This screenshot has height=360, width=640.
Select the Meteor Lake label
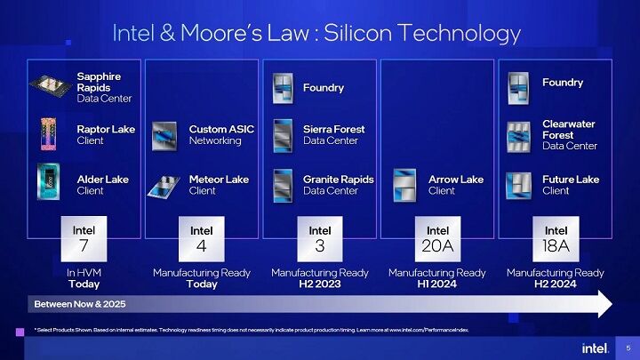[x=219, y=184]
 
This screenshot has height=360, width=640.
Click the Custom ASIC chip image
[x=164, y=135]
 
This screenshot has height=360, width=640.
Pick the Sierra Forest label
[x=333, y=134]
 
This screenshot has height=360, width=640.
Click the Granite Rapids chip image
[x=283, y=184]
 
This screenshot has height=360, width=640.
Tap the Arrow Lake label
[x=455, y=184]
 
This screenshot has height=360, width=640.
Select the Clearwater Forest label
[x=570, y=134]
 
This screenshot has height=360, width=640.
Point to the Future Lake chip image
[x=518, y=184]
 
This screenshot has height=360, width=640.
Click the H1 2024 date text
[x=437, y=284]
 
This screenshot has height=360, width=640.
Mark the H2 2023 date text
[x=320, y=284]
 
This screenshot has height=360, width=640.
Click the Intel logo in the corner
[x=595, y=347]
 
